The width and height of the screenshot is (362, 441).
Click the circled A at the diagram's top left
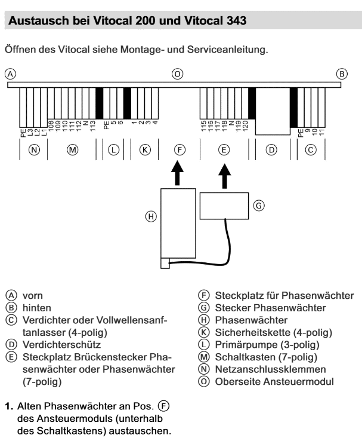pyautogui.click(x=9, y=74)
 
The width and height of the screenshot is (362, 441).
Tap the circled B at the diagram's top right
pyautogui.click(x=342, y=74)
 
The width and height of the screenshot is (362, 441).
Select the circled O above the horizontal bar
pyautogui.click(x=177, y=74)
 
